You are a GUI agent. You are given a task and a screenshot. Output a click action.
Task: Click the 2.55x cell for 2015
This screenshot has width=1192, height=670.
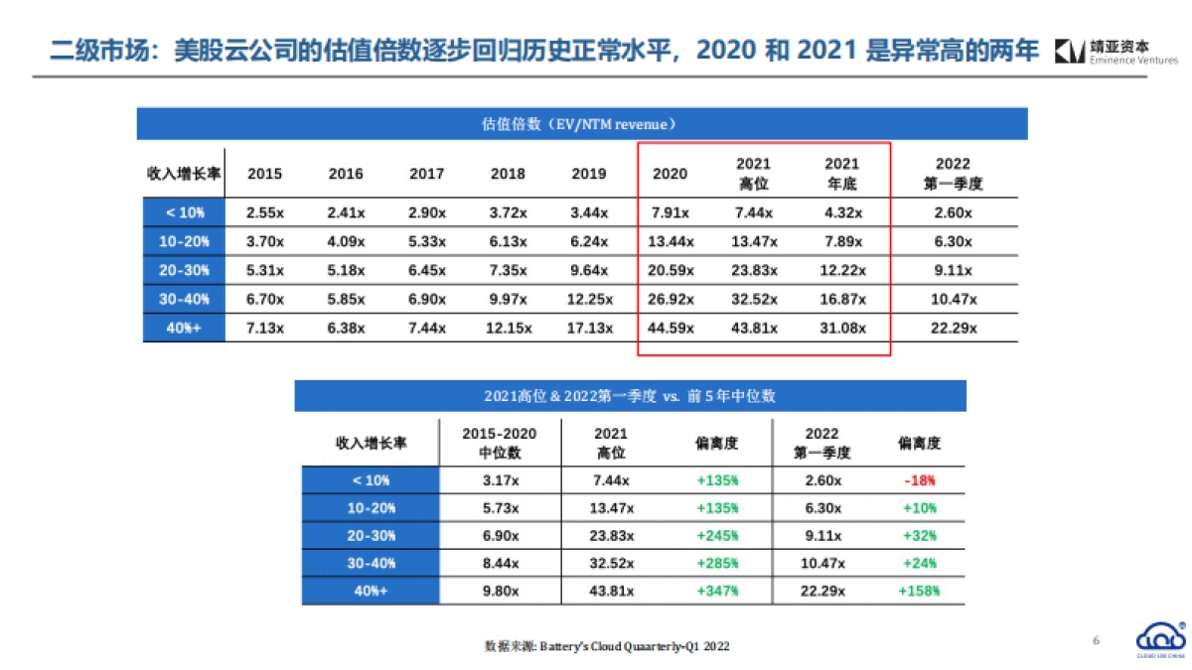[x=264, y=212]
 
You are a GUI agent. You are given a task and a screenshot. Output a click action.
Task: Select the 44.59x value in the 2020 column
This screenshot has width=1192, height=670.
[x=670, y=329]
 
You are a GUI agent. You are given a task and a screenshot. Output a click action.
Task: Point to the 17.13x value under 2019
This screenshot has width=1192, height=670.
[x=588, y=329]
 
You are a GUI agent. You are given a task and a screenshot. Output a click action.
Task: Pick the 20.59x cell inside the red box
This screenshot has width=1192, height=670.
[x=670, y=270]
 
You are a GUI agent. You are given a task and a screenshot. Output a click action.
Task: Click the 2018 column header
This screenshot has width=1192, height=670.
[x=508, y=174]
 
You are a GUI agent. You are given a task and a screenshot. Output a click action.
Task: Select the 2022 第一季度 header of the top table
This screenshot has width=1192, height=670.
[x=953, y=174]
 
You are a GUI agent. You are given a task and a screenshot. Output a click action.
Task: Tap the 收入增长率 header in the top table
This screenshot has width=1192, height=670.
[x=184, y=174]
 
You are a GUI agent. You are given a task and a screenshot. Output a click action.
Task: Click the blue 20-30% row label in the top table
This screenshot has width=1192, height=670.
[x=184, y=270]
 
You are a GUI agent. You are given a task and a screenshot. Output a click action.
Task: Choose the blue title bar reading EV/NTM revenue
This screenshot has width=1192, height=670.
[x=581, y=124]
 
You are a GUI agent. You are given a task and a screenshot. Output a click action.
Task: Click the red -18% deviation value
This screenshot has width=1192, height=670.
[x=919, y=480]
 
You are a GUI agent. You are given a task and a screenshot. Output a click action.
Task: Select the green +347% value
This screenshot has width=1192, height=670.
[x=717, y=591]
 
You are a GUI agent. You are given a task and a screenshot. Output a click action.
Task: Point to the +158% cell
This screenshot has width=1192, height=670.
[x=919, y=591]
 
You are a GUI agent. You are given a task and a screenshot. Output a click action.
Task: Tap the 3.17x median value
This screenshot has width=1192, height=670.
[x=501, y=480]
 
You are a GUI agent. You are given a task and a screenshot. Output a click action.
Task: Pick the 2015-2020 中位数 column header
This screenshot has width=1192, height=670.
[x=501, y=443]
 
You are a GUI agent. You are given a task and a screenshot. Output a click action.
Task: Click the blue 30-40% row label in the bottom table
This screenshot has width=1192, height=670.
[x=371, y=563]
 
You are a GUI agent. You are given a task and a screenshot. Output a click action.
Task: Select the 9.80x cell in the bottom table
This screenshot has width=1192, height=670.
[x=501, y=591]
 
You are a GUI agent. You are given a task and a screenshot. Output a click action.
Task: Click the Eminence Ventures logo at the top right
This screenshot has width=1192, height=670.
[x=1117, y=52]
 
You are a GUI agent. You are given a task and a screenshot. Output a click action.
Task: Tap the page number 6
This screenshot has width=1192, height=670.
[x=1096, y=640]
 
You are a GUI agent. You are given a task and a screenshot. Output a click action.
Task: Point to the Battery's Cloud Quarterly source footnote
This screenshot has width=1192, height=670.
[x=607, y=646]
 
